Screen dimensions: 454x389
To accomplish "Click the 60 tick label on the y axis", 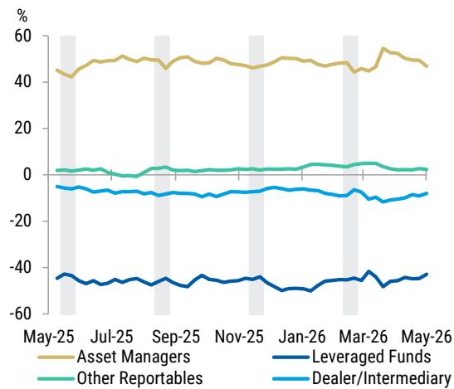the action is pos(22,36).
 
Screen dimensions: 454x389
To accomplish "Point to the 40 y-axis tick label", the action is pos(22,82).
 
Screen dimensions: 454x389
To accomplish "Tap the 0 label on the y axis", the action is pos(27,175).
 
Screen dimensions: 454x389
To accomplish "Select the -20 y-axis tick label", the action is pos(20,221).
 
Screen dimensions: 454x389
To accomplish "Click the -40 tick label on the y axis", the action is pos(20,268).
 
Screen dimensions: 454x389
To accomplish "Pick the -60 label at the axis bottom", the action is pos(20,314).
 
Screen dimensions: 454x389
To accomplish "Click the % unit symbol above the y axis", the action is pos(22,15).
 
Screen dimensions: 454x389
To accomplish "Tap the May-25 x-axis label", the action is pos(49,337).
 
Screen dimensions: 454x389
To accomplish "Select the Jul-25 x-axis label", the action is pos(112,337).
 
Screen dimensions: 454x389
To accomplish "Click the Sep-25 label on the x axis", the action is pos(176,337).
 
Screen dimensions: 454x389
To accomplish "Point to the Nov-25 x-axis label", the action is pos(239,337).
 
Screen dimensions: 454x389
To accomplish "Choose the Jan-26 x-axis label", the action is pos(302,337).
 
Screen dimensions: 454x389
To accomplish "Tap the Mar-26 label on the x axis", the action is pos(363,337).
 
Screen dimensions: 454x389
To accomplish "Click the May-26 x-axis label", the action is pos(427,337).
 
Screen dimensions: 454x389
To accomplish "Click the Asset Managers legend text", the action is pos(134,357).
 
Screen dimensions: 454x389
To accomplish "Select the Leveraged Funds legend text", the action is pos(372,357).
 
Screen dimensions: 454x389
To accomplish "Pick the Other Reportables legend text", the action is pos(139,377).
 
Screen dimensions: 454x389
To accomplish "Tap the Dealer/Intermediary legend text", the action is pos(382,378).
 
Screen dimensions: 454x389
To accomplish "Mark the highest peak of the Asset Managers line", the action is pos(383,49).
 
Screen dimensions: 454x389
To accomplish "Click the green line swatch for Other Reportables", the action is pos(56,378).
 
